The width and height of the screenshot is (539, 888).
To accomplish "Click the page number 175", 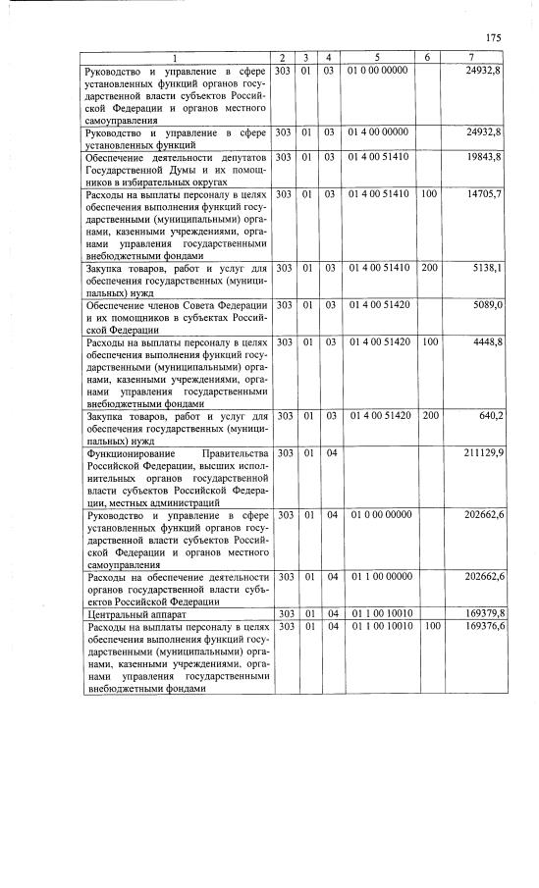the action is [493, 38].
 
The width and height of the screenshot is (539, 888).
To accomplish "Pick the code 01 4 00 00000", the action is [377, 131].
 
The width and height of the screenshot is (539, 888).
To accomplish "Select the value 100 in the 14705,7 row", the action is [429, 195].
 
